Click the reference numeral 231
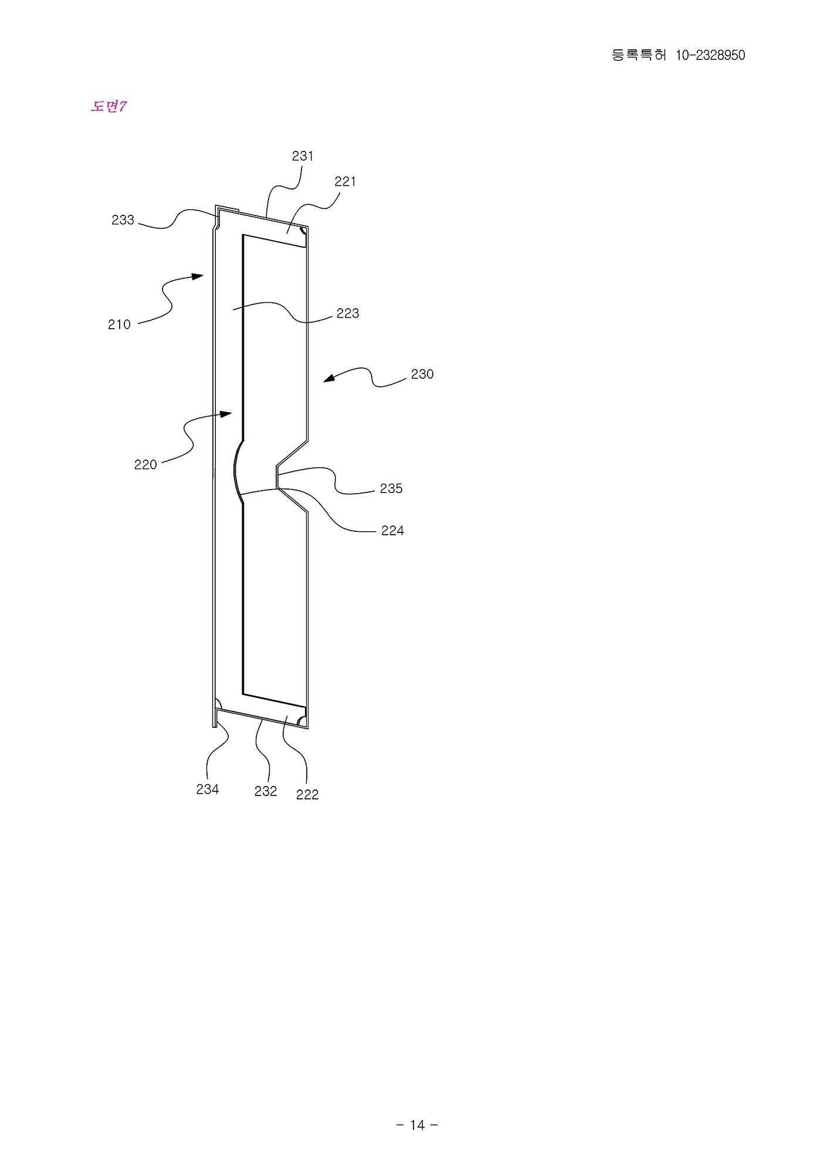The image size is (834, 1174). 303,156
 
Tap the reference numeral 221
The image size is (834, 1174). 345,182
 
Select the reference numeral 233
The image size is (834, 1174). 123,220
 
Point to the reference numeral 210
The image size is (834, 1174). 119,325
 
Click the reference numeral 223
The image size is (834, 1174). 348,313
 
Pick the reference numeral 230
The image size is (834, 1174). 422,375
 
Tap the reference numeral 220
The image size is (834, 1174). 145,465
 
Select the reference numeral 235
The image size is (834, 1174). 391,488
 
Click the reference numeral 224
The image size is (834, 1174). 392,531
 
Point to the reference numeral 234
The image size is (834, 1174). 208,790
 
